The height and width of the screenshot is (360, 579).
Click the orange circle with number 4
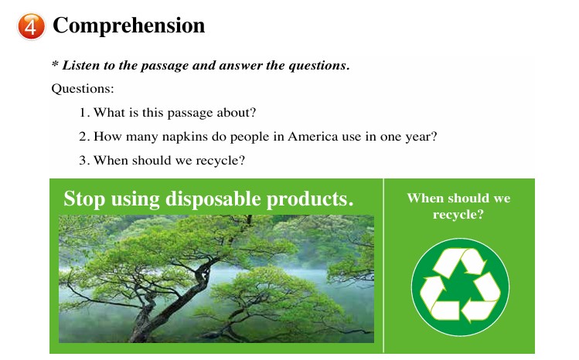(32, 26)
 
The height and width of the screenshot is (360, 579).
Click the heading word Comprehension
(129, 25)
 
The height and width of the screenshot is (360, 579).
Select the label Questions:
(83, 89)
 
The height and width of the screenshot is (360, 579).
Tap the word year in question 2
(417, 138)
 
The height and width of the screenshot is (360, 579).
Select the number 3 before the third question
(83, 161)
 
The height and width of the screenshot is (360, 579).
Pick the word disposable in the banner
(213, 199)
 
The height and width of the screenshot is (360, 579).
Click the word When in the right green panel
(425, 198)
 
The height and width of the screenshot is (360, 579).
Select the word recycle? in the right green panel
(458, 214)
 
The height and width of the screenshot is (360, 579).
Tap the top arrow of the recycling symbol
(461, 260)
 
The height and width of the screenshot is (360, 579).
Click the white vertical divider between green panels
(383, 266)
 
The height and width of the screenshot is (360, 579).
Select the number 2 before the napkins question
(83, 137)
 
